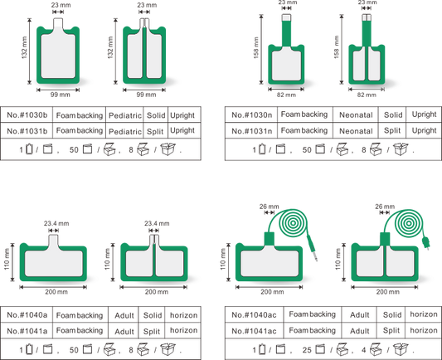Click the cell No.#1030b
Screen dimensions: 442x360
coord(27,115)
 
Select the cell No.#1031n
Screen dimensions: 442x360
coord(252,131)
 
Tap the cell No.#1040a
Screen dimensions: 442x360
coord(27,315)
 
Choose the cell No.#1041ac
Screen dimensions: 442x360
coord(254,331)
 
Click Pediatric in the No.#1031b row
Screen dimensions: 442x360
coord(125,132)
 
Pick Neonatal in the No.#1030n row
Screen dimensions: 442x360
coord(356,115)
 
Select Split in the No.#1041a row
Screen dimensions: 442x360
coord(152,332)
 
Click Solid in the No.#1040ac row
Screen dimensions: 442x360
coord(392,314)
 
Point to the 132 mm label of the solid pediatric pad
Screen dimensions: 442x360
coord(25,47)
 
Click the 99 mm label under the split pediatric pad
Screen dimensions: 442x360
coord(146,95)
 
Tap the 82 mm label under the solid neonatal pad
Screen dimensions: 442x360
coord(286,95)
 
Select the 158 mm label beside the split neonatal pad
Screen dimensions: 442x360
coord(337,47)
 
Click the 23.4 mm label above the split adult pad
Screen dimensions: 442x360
coord(157,224)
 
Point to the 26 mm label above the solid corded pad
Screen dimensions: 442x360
coord(270,207)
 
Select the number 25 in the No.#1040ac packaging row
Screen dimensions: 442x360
coord(307,350)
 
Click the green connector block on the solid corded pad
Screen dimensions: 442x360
coord(269,239)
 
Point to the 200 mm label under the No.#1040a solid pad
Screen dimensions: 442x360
coord(56,292)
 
